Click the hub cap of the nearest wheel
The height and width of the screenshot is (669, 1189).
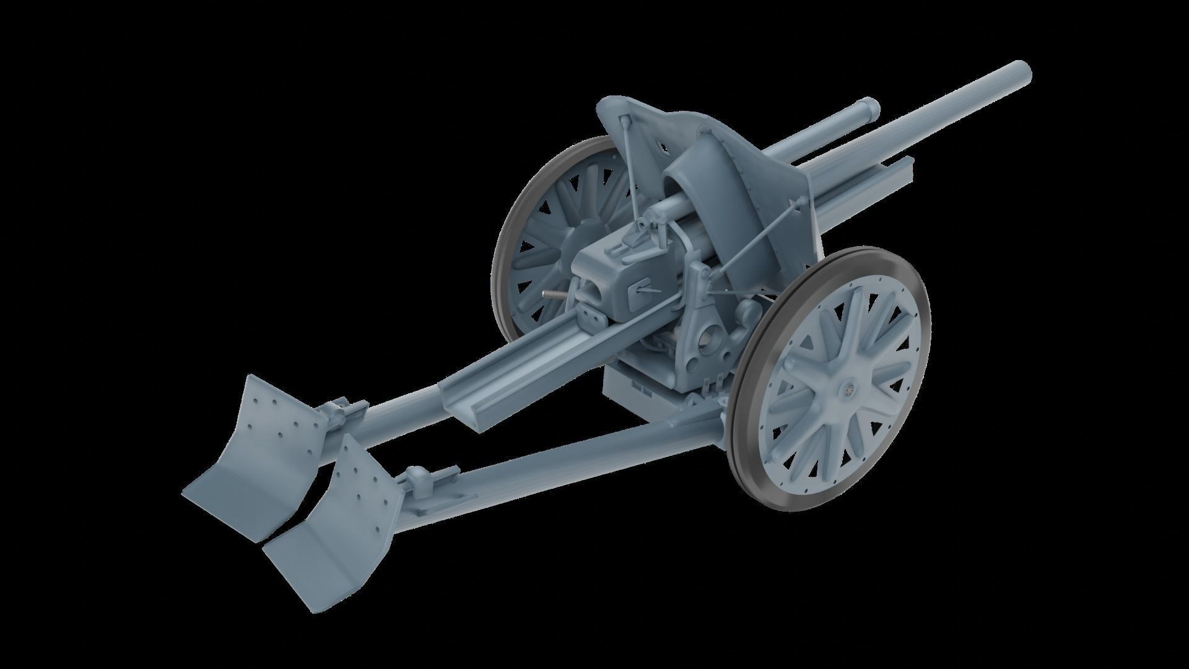pos(846,389)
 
